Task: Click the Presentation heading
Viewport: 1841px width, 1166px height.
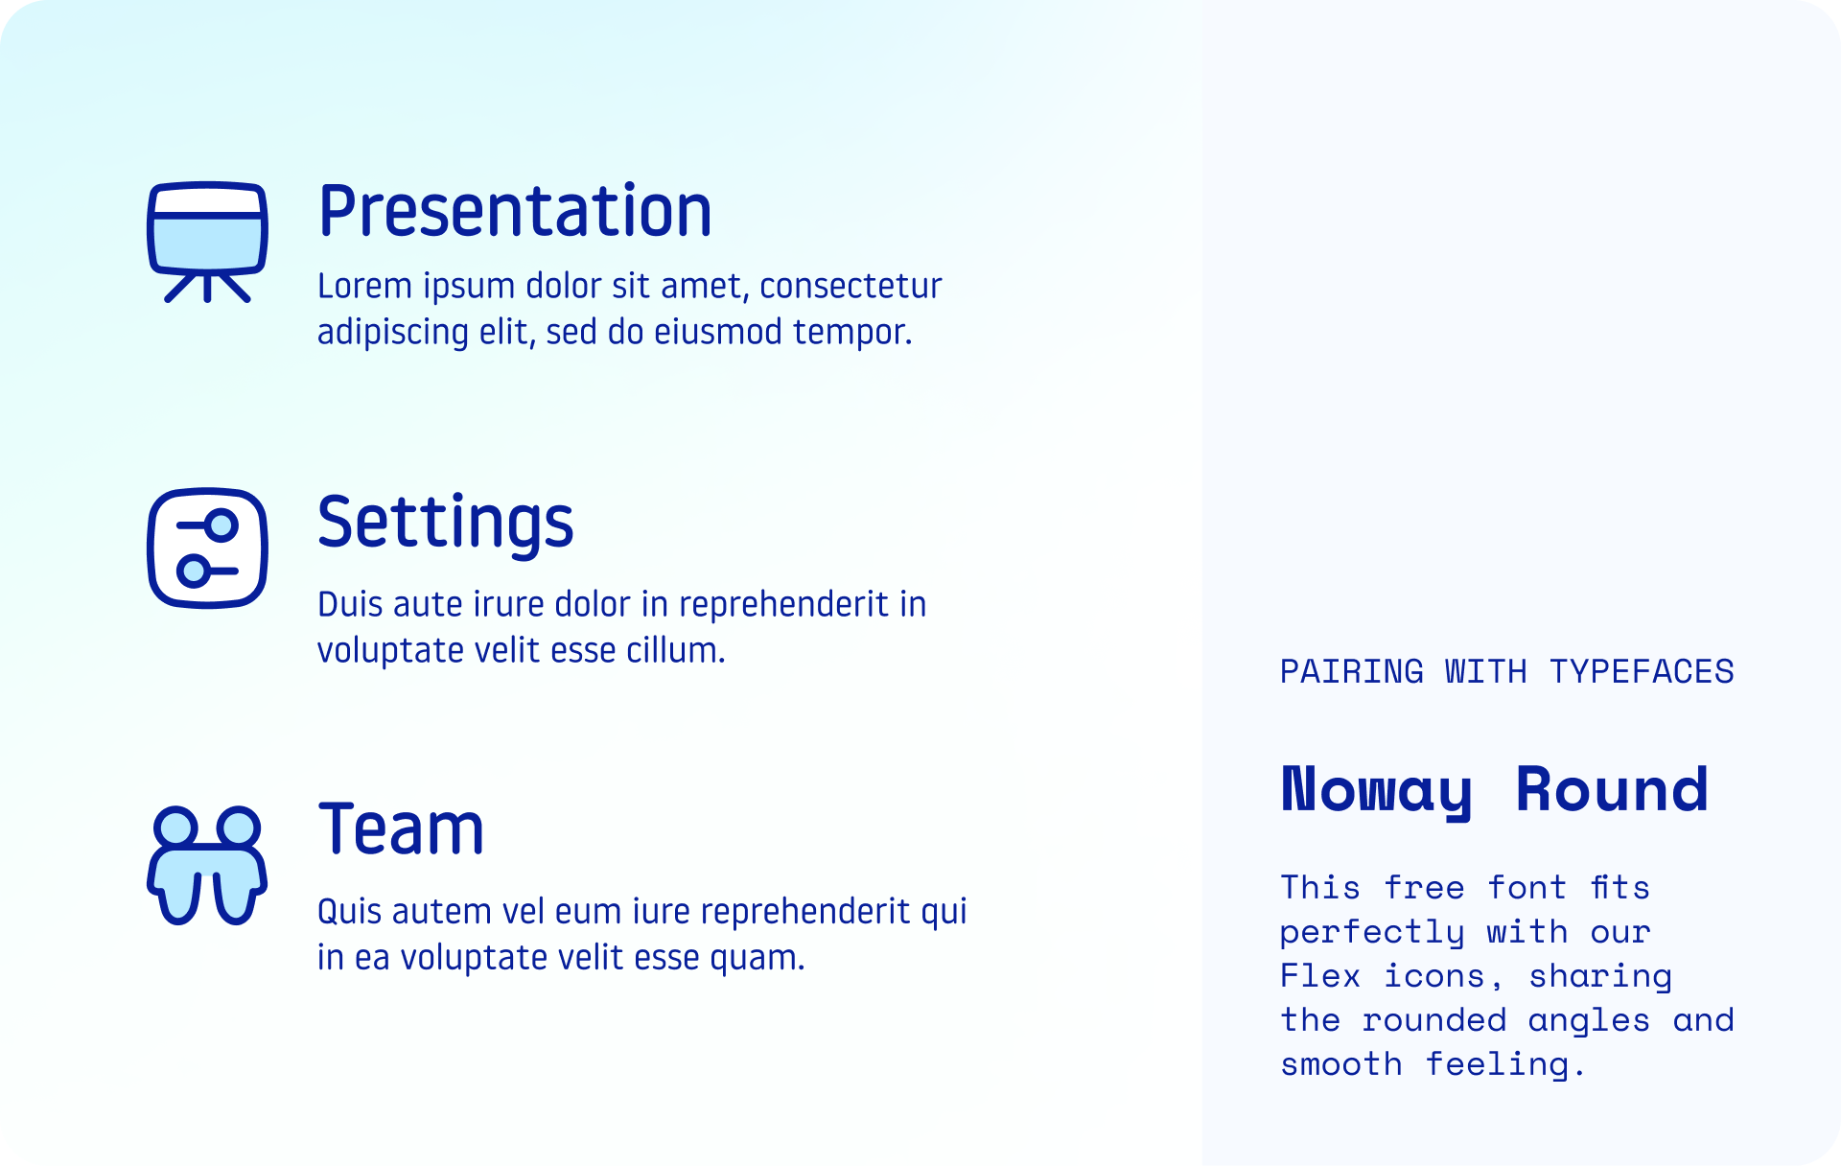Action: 515,212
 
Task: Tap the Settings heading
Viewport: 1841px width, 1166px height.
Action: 445,523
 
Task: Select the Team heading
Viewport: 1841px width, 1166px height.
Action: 401,829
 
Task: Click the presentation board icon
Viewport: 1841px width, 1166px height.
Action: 207,241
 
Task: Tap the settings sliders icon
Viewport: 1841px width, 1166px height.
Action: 207,548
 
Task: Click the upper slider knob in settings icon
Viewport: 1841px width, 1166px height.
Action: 222,525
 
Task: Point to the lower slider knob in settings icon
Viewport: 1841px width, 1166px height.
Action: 193,571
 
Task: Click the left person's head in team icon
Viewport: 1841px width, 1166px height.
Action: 175,826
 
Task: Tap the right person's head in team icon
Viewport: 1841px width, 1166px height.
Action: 239,826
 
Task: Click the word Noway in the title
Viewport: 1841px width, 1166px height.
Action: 1376,791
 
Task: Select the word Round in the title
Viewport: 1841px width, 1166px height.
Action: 1612,791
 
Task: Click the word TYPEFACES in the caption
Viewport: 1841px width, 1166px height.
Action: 1642,672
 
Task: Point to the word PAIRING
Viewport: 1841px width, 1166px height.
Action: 1352,672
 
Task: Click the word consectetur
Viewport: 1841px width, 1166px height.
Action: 851,287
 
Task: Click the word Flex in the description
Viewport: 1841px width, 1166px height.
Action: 1320,977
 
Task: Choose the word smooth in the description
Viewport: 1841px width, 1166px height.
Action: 1340,1065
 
